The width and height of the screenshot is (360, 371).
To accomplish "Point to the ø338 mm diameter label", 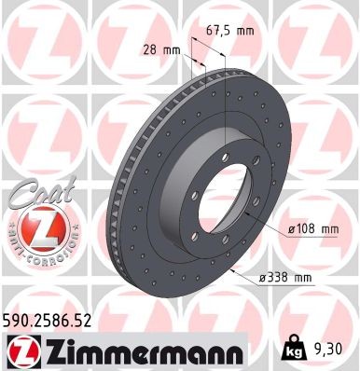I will pos(290,278).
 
